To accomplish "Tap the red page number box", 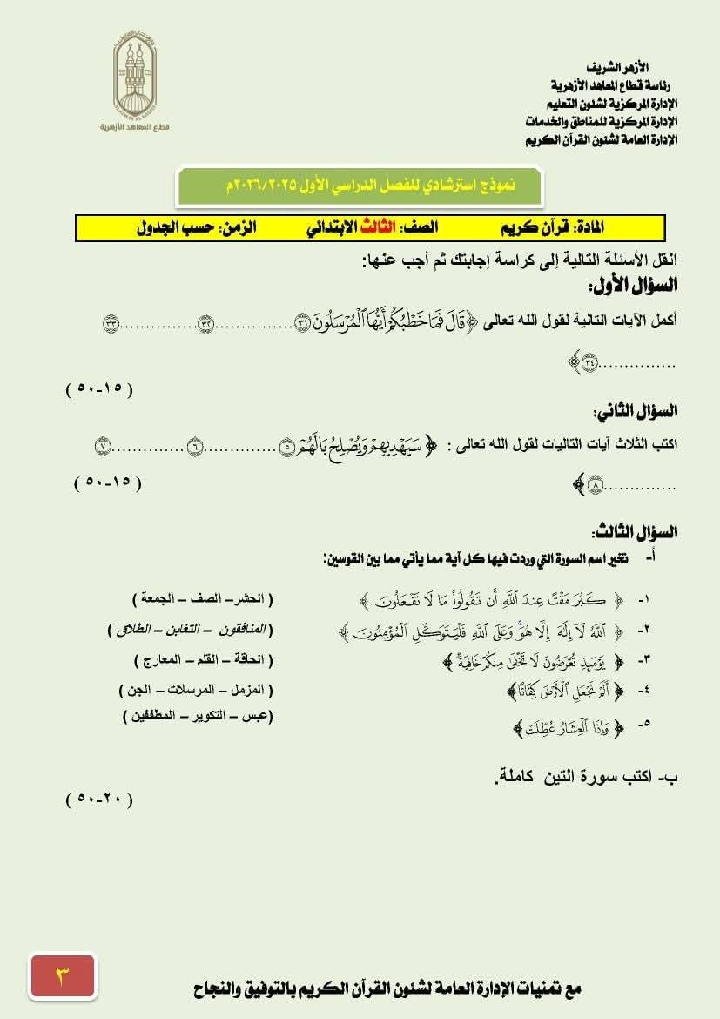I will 62,975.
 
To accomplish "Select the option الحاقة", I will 250,659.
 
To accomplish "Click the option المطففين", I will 151,716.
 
